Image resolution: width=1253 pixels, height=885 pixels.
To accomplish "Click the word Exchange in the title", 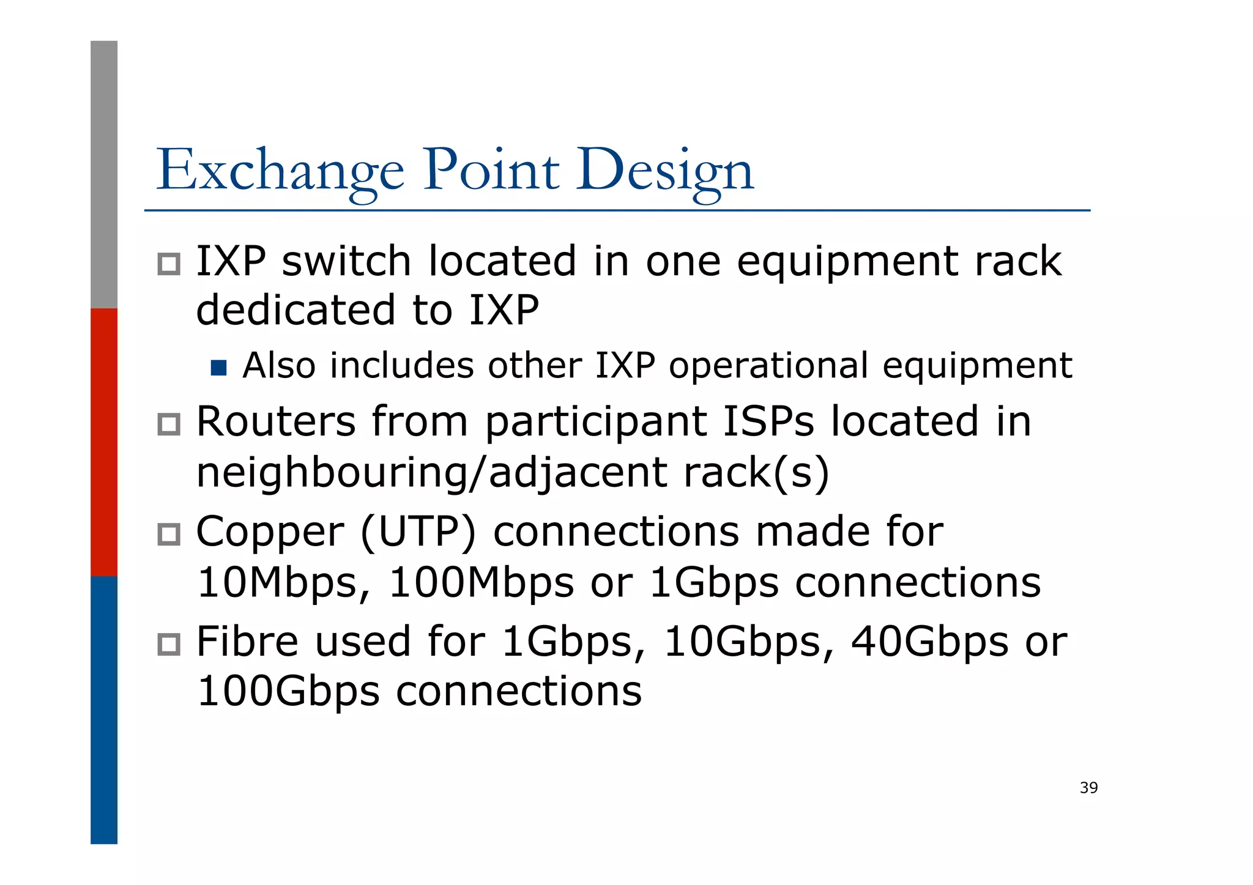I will [280, 170].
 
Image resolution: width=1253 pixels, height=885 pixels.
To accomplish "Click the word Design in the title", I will [664, 170].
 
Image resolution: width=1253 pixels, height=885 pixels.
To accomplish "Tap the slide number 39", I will [1088, 788].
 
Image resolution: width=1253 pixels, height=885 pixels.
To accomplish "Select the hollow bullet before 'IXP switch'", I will [169, 264].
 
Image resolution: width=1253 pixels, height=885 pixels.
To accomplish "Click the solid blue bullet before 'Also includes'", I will [218, 368].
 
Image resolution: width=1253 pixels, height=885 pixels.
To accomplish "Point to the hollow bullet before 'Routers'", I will [169, 424].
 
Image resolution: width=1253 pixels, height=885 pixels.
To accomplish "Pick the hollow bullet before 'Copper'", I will [169, 534].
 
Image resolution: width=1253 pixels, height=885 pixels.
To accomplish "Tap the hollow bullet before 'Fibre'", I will [169, 644].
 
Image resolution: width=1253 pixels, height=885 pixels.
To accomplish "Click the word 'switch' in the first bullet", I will [346, 261].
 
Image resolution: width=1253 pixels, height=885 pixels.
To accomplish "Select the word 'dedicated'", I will [296, 309].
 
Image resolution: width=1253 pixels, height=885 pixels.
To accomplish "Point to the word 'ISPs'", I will [768, 422].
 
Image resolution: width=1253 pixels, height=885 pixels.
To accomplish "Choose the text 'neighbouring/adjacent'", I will [431, 473].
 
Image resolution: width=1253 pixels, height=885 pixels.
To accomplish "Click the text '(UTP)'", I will [418, 531].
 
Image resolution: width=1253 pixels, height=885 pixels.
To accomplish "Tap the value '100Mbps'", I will [481, 582].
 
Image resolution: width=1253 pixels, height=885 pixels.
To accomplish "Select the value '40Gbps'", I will [929, 642].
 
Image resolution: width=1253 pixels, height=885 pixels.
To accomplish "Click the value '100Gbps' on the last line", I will [288, 692].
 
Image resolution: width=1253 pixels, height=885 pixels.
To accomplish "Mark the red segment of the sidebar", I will [104, 442].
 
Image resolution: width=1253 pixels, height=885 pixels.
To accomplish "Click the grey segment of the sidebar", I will [104, 174].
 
